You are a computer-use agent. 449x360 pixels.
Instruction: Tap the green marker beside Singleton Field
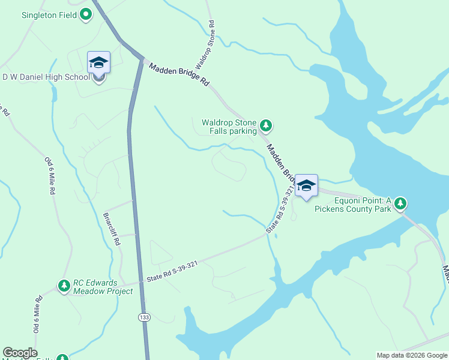coord(86,14)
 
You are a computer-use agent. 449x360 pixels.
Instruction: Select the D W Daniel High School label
coord(46,77)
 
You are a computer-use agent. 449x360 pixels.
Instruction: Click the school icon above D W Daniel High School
coord(98,62)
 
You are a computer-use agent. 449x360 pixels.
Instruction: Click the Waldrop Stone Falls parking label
coord(229,126)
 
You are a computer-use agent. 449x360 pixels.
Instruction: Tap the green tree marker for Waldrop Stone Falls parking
coord(266,126)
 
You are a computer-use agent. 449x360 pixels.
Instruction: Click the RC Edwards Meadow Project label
coord(103,287)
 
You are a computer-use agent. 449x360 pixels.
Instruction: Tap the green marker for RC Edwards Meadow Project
coord(64,286)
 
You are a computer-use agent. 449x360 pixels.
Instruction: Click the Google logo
coord(20,353)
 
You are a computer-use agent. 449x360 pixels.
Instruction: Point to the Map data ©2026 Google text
coord(412,355)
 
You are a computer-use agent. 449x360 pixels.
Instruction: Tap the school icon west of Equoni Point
coord(306,186)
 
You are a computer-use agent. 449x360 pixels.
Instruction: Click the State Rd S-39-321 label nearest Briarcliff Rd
coord(172,272)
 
